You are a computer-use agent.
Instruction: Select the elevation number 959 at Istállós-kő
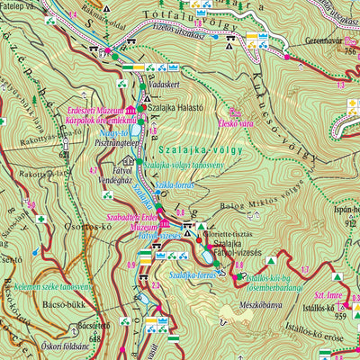(x=339, y=317)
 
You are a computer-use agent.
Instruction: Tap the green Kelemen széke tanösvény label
(x=52, y=285)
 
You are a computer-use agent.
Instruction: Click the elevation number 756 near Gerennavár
(x=350, y=50)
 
